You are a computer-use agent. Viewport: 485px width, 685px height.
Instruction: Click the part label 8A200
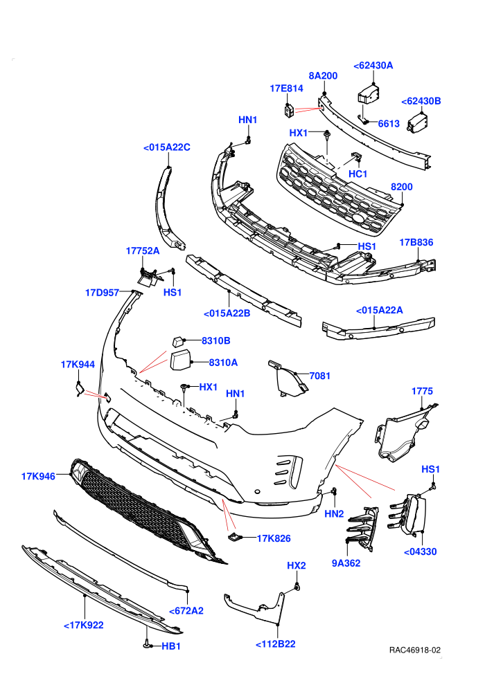323,75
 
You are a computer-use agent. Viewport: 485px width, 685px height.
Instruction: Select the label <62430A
373,66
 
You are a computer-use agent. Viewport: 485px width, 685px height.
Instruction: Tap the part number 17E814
286,89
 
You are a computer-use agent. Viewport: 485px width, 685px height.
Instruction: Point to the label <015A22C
166,147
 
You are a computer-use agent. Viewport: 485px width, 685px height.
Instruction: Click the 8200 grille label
401,187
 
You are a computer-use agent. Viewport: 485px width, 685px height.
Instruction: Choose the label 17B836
416,242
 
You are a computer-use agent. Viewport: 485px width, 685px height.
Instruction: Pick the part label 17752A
143,250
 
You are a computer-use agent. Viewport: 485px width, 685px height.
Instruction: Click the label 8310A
223,362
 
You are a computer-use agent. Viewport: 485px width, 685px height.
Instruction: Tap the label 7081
319,376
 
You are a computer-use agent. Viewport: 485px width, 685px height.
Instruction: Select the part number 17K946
39,476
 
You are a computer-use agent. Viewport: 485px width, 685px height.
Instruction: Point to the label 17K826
273,538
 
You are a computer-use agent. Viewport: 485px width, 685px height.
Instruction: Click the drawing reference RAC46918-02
414,650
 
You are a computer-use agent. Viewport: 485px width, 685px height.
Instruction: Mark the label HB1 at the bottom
171,646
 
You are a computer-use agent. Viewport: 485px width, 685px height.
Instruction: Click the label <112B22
275,644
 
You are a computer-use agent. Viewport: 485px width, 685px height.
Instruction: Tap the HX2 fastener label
296,565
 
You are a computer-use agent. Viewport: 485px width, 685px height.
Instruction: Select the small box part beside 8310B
178,340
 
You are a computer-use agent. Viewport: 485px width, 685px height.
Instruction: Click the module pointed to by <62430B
417,122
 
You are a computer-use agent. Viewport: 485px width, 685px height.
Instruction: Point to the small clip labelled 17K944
79,388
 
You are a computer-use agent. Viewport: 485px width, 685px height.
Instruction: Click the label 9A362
346,563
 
